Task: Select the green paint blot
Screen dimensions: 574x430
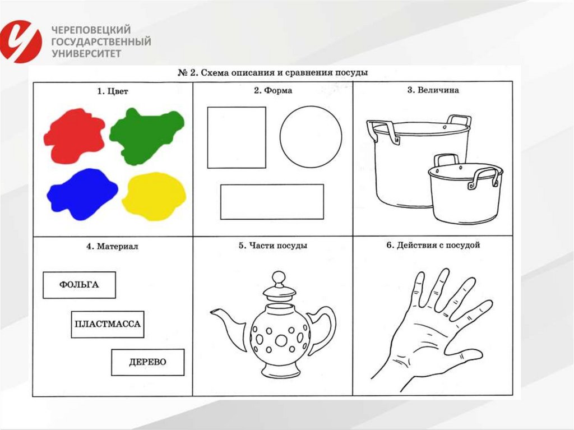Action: tap(146, 136)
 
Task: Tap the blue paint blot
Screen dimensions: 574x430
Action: tap(82, 194)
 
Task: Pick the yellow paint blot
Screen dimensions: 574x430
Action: tap(154, 196)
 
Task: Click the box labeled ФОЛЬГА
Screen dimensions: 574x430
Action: tap(79, 285)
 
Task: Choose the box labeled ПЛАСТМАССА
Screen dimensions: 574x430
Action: tap(108, 324)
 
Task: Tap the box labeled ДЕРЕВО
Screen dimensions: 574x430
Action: tap(147, 362)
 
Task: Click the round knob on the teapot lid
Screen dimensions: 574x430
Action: tap(279, 276)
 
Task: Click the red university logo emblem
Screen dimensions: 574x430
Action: tap(21, 41)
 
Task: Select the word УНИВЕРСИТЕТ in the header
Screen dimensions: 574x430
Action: tap(86, 54)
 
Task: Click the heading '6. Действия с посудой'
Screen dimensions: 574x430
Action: tap(433, 245)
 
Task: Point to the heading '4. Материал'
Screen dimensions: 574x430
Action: tap(112, 247)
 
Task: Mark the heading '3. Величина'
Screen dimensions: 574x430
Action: tap(433, 90)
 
